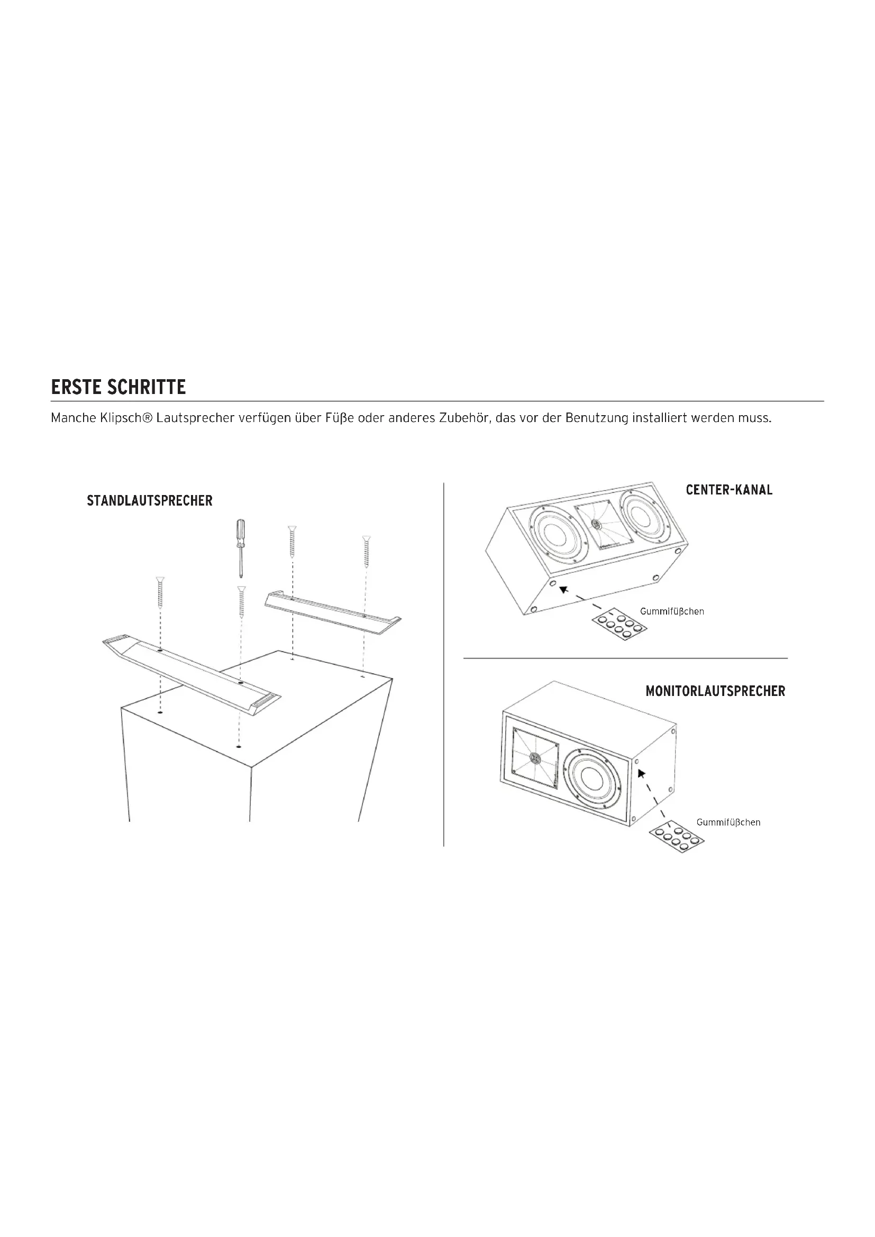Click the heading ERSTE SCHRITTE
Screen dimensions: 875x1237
(x=119, y=387)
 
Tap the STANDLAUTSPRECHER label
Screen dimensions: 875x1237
(x=150, y=500)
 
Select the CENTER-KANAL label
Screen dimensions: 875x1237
(x=729, y=490)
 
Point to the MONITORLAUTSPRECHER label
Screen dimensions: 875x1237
(x=716, y=691)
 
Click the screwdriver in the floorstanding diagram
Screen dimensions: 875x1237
(x=240, y=547)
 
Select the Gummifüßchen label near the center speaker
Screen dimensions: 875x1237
(x=672, y=611)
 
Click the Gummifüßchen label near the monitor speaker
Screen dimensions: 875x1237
(x=728, y=822)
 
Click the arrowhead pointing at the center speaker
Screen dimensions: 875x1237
(x=563, y=590)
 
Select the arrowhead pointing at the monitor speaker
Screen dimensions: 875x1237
(x=641, y=774)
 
